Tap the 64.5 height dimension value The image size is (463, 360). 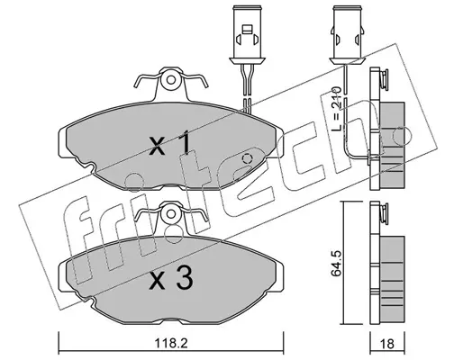[335, 262]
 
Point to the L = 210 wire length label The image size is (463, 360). [336, 108]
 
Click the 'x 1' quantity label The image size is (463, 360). [170, 144]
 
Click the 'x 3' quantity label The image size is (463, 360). [171, 279]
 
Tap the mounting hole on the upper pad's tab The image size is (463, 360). [171, 80]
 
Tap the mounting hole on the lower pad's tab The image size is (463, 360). [171, 213]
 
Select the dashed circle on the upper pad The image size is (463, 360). [247, 158]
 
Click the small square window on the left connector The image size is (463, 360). [247, 30]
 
